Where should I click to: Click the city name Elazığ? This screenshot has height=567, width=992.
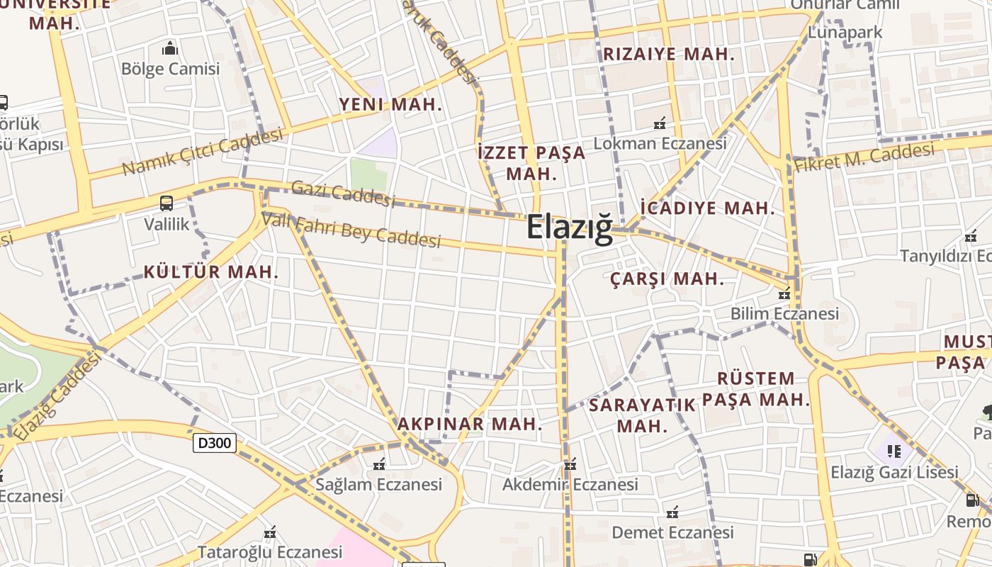pos(569,228)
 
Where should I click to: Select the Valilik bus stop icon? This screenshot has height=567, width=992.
pos(167,203)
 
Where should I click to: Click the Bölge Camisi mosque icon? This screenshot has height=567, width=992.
pos(170,48)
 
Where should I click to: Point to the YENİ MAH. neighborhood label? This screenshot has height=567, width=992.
pos(390,104)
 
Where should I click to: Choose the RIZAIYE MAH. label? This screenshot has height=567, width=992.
pos(668,54)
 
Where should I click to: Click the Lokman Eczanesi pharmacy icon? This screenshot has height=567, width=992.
pos(660,123)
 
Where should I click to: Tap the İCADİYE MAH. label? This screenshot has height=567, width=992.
pos(707,208)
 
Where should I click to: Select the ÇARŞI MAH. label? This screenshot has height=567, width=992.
pos(667,279)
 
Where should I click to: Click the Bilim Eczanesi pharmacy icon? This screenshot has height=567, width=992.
pos(784,293)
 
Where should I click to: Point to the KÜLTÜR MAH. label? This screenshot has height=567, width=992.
pos(211,271)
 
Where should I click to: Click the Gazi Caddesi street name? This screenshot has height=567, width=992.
pos(343,193)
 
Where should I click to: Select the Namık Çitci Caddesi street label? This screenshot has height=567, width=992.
pos(203,152)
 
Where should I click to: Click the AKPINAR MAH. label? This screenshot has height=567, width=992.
pos(469,424)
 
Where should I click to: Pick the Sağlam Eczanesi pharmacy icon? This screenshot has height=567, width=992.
pos(379,465)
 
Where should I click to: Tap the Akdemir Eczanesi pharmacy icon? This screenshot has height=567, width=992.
pos(570,465)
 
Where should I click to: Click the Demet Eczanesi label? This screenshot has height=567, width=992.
pos(672,532)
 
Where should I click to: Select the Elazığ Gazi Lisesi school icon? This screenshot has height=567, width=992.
pos(894,451)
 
